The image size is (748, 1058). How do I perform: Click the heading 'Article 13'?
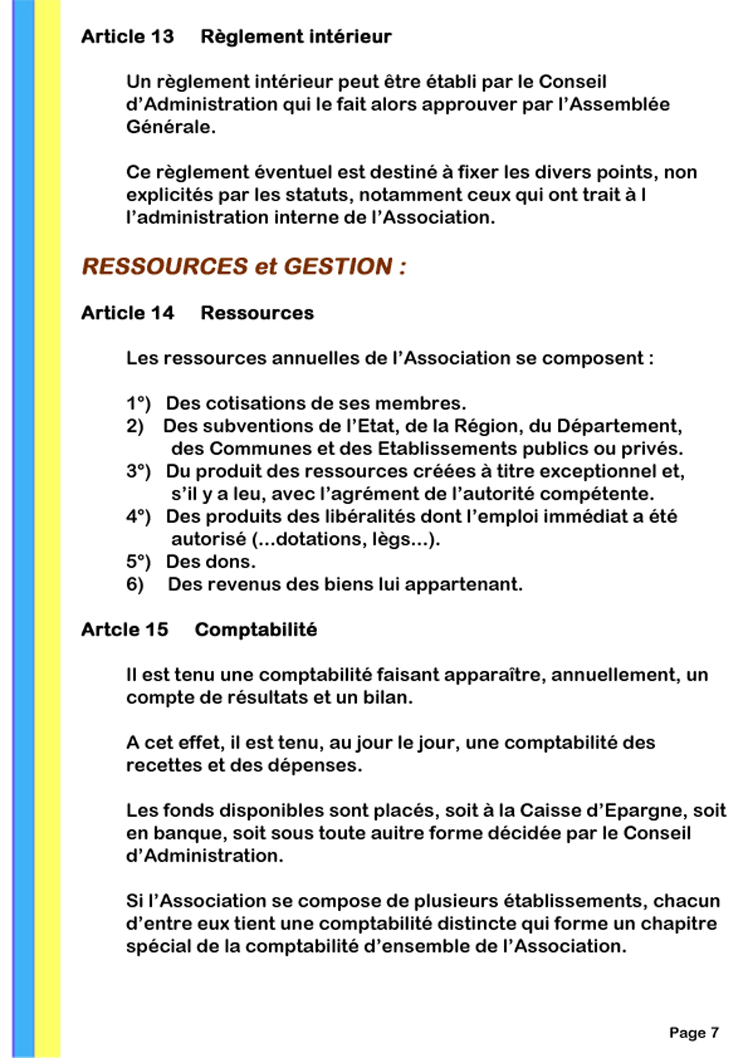click(127, 37)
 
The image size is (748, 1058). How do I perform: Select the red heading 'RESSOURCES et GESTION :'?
click(244, 266)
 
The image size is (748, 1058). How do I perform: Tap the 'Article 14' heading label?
click(127, 313)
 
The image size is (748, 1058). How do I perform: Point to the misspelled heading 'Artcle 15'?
click(125, 629)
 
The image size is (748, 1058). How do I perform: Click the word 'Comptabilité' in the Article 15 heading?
click(256, 629)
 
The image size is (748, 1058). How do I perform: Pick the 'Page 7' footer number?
click(694, 1033)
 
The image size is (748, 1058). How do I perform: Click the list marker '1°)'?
click(138, 403)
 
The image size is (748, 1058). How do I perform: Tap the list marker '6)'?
click(135, 584)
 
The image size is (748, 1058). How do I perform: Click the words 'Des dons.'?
click(211, 562)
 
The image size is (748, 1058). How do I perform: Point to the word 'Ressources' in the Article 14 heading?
click(257, 313)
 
